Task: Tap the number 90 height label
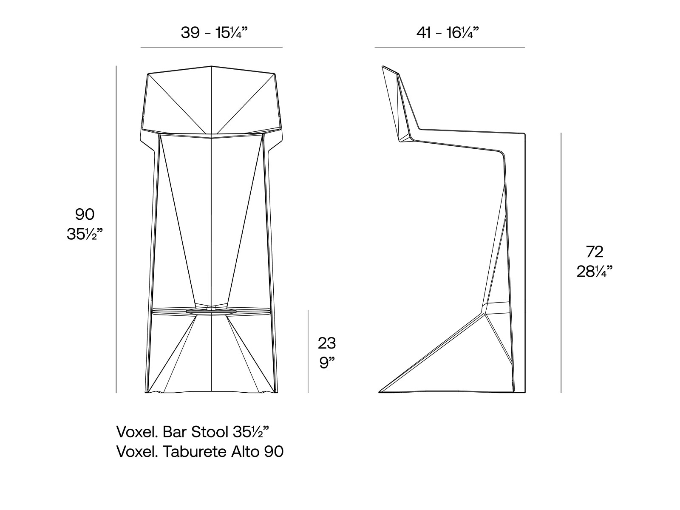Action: [x=85, y=214]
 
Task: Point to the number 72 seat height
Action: [x=595, y=252]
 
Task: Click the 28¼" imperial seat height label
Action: [x=595, y=272]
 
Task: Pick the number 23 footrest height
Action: [x=327, y=343]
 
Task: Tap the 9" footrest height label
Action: [x=327, y=363]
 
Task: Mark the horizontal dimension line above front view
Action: [x=211, y=47]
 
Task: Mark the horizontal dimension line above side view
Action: [x=450, y=47]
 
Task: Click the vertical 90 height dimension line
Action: [x=116, y=229]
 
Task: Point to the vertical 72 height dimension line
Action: [x=561, y=263]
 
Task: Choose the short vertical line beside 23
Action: [x=308, y=351]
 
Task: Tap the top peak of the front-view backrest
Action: [x=212, y=66]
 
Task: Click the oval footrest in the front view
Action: [x=211, y=313]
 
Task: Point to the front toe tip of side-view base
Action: [x=379, y=391]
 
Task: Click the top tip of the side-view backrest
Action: [x=383, y=66]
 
